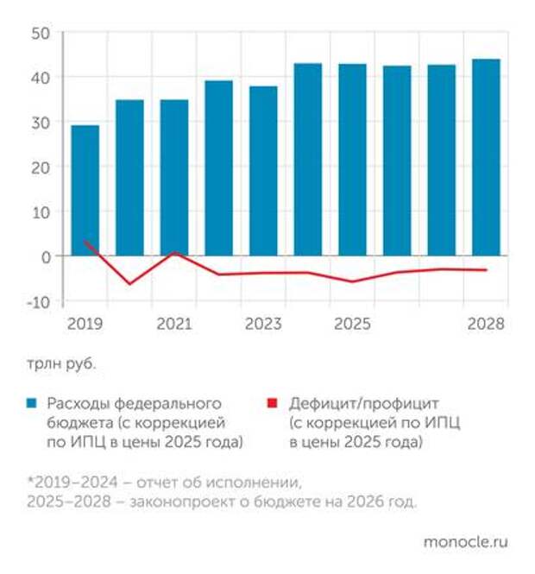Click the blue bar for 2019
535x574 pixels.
(x=85, y=191)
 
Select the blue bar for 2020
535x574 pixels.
(x=129, y=178)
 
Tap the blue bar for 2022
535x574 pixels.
(x=218, y=168)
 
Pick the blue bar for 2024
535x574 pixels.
(x=308, y=160)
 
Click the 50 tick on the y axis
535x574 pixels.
(x=41, y=33)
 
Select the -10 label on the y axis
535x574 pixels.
(x=37, y=301)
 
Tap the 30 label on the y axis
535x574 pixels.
(x=41, y=123)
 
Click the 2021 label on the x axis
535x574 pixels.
(x=174, y=325)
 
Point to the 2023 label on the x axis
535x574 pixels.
(x=263, y=325)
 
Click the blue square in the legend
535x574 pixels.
(x=31, y=403)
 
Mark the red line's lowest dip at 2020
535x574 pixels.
(x=130, y=283)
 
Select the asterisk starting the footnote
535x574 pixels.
(x=29, y=481)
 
